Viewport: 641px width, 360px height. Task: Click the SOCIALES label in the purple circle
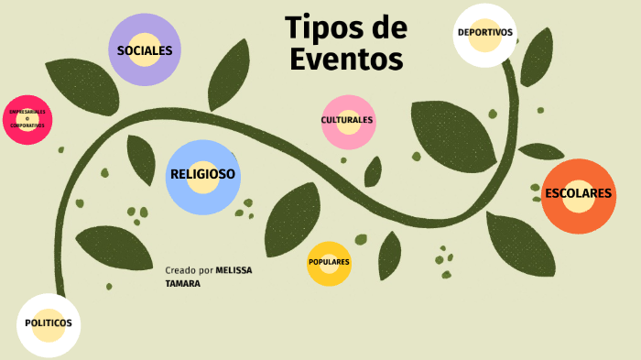(145, 50)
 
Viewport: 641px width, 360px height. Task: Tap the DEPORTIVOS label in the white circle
(484, 33)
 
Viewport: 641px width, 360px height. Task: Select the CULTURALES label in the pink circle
(347, 120)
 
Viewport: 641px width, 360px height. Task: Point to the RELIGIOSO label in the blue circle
(202, 174)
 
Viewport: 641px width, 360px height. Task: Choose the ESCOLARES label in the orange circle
(578, 194)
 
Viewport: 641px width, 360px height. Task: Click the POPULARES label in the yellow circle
(329, 262)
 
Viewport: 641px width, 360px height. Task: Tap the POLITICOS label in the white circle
(49, 323)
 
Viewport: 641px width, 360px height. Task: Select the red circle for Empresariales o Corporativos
(27, 119)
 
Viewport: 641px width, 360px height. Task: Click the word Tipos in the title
(320, 27)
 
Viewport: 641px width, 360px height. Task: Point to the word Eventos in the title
(346, 60)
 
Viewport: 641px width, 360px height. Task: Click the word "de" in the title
(387, 27)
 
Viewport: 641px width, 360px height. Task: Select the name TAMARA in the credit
(183, 284)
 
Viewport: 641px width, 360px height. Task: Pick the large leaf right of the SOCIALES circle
(228, 75)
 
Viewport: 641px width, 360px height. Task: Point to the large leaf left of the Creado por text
(114, 246)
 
